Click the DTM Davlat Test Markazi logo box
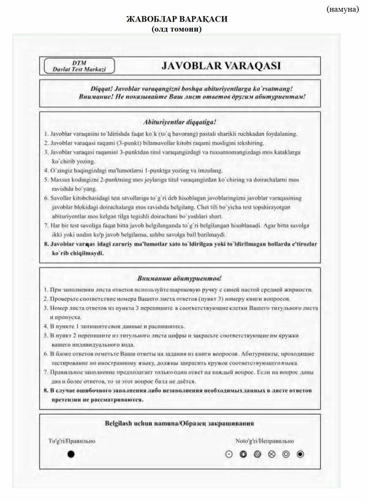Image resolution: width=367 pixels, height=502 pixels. pyautogui.click(x=79, y=66)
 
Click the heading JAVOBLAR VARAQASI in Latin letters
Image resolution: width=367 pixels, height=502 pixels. pyautogui.click(x=221, y=65)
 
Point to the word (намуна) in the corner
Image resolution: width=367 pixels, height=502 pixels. pyautogui.click(x=342, y=9)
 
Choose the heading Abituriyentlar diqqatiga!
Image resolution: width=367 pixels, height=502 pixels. pyautogui.click(x=180, y=121)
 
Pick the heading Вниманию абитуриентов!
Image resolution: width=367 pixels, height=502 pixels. pyautogui.click(x=180, y=278)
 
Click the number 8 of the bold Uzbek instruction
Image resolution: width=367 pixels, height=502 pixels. pyautogui.click(x=45, y=243)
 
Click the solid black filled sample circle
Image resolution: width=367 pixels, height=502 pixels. pyautogui.click(x=71, y=454)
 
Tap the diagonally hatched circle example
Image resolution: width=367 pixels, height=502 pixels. pyautogui.click(x=257, y=454)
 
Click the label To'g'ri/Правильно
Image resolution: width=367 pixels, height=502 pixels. pyautogui.click(x=72, y=441)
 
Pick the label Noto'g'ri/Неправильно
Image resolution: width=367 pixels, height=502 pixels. pyautogui.click(x=265, y=441)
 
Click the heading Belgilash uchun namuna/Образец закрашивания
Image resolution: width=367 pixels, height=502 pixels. pyautogui.click(x=179, y=423)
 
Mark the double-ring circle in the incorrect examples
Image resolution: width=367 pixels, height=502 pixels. pyautogui.click(x=286, y=454)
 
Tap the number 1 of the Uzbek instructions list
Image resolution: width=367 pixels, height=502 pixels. pyautogui.click(x=45, y=133)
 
